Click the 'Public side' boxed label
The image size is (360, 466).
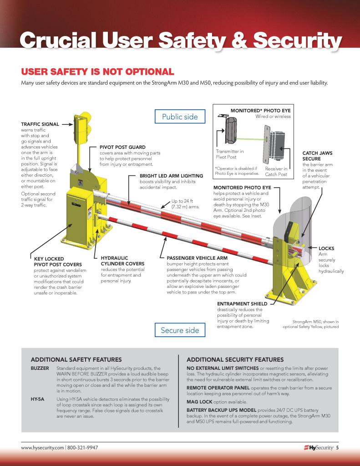pos(180,117)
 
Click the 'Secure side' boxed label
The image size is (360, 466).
pos(180,330)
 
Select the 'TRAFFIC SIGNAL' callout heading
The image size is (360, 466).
pos(41,123)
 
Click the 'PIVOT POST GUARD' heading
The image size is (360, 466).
pos(122,147)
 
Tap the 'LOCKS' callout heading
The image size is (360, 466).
pos(326,248)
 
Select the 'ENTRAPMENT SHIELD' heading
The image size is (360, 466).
pos(240,303)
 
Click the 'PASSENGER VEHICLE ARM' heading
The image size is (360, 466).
pos(197,258)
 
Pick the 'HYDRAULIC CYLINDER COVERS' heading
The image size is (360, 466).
pos(122,261)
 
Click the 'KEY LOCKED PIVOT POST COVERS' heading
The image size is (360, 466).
pos(58,261)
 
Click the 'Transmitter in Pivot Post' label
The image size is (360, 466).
pos(229,154)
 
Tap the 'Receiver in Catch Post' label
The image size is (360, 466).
pos(276,171)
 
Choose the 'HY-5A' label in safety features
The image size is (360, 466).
pos(38,399)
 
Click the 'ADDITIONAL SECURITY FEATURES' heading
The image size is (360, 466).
pos(235,359)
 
